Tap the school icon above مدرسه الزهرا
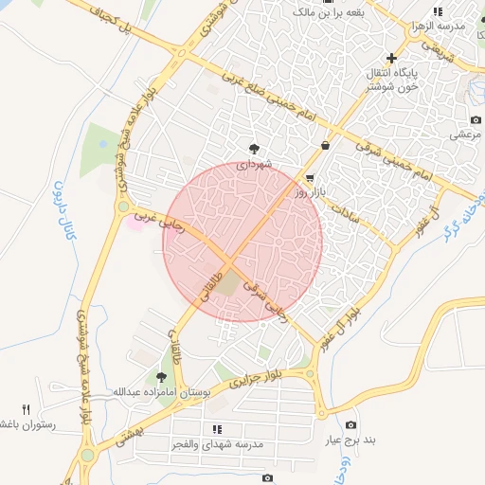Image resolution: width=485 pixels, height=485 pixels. (x=437, y=11)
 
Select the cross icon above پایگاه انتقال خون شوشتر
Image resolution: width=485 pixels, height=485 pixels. (x=391, y=58)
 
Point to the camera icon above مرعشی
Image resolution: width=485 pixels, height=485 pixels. (x=476, y=120)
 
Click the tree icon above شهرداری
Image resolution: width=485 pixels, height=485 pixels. (x=254, y=149)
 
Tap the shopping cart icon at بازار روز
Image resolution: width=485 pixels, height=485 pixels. (x=310, y=178)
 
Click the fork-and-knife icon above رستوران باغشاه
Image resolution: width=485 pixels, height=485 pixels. (x=27, y=410)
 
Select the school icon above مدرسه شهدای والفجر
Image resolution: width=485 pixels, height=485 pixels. (x=218, y=429)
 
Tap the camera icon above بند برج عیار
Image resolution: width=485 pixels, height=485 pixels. (x=351, y=425)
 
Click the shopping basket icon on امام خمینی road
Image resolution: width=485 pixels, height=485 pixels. (x=326, y=146)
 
